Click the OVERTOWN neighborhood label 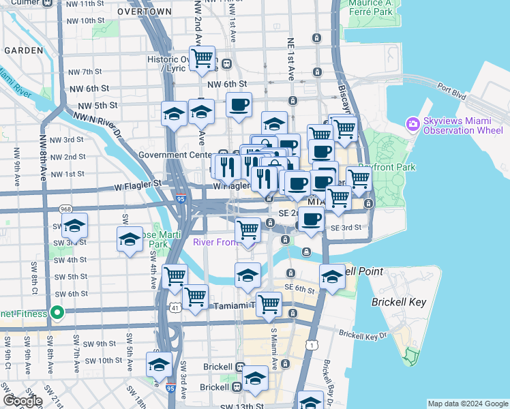(144, 12)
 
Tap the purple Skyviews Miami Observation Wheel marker (412, 124)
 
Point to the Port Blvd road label (452, 88)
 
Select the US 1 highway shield (312, 346)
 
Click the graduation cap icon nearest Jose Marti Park (130, 239)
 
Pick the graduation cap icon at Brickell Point (332, 276)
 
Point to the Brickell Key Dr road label (363, 335)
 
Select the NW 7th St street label (85, 72)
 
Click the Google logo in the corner (22, 401)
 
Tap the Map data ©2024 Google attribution (467, 403)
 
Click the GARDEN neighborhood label (25, 50)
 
